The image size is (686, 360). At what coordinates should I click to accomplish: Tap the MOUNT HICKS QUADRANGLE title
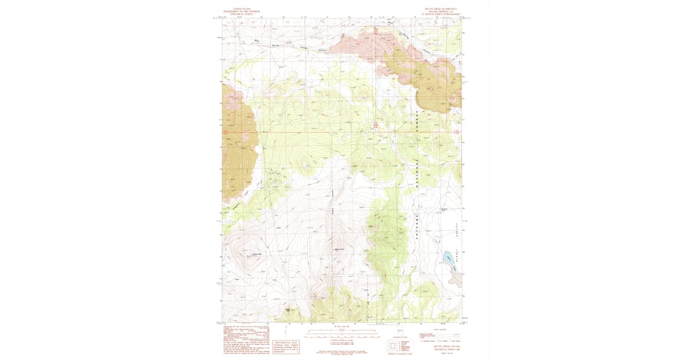444,9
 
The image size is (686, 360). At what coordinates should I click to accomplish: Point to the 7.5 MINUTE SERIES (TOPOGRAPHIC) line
444,14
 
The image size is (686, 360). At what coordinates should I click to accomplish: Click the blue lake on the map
448,257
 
